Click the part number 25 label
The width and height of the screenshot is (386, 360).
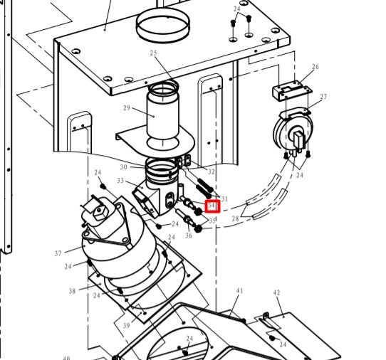153,53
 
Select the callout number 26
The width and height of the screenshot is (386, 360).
315,66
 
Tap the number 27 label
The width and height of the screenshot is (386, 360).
323,97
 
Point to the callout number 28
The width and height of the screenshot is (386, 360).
235,218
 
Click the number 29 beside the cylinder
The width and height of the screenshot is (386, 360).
127,107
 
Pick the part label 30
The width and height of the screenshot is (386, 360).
124,167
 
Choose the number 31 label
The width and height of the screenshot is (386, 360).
224,198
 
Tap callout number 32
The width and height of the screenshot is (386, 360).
212,171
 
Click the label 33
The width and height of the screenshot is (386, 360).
120,181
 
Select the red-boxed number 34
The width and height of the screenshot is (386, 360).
212,206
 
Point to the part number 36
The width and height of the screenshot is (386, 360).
189,235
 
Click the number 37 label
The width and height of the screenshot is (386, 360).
58,253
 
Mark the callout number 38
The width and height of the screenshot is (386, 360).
72,291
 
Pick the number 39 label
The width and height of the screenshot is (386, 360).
126,326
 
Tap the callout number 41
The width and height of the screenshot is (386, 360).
239,291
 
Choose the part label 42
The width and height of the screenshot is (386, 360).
276,292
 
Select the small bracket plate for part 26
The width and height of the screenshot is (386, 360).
292,90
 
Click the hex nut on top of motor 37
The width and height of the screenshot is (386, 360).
100,213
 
